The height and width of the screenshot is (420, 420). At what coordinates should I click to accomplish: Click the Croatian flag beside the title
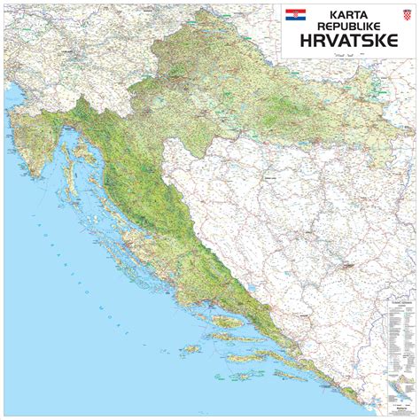pyautogui.click(x=295, y=15)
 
